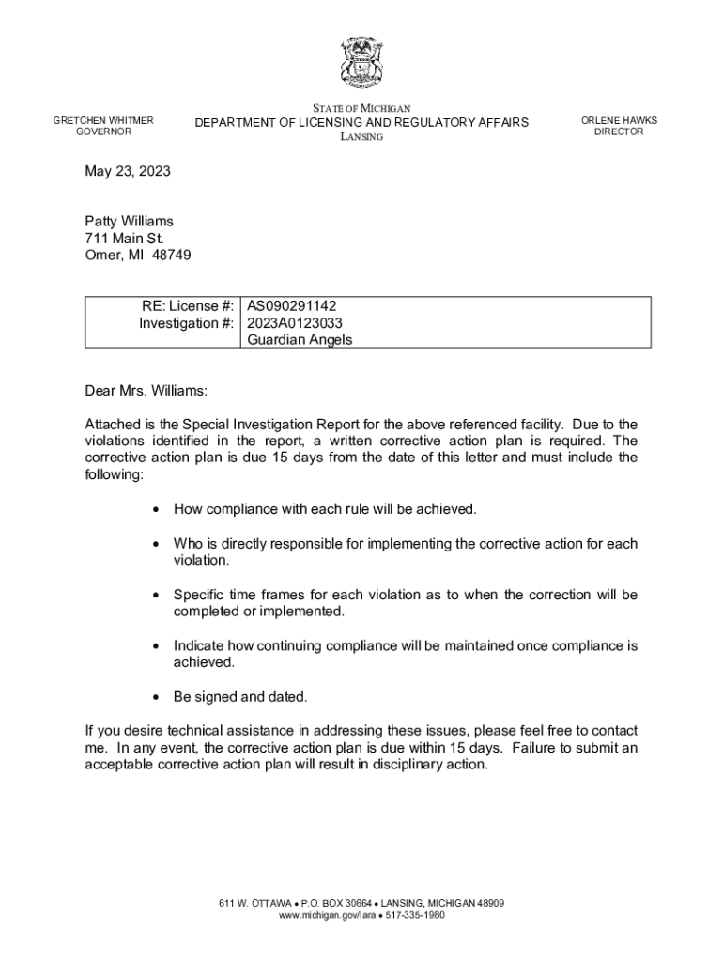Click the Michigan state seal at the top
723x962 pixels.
(x=361, y=63)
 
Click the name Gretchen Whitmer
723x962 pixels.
(x=103, y=120)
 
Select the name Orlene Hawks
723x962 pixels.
(x=619, y=120)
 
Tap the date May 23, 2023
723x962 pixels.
(x=128, y=172)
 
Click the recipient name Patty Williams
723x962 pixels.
(x=129, y=222)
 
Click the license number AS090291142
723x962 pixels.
(x=291, y=306)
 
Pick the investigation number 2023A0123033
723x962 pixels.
(x=295, y=323)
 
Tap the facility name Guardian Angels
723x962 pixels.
(x=300, y=340)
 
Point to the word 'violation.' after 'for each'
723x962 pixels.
(x=201, y=560)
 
